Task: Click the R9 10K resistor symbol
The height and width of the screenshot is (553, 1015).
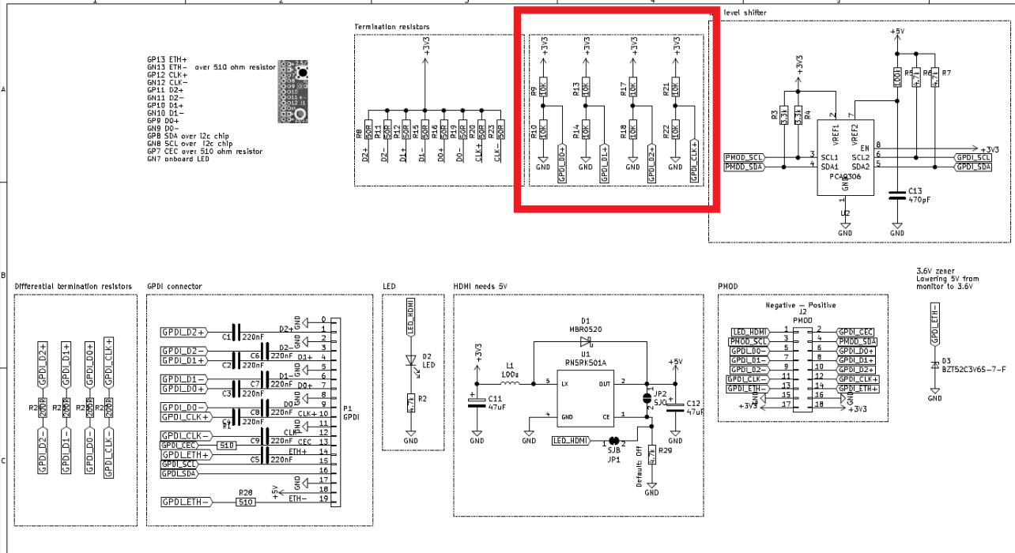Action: (543, 85)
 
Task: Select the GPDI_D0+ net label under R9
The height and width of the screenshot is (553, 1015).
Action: (562, 164)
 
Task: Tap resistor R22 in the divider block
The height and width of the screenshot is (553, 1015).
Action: (676, 131)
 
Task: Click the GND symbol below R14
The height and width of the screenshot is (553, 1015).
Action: (586, 166)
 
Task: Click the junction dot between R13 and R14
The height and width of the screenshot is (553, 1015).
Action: (586, 108)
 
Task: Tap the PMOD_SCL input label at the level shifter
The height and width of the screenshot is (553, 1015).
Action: (744, 157)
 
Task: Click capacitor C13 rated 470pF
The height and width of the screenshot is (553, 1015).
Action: (896, 195)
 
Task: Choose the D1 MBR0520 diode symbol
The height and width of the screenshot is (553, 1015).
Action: (586, 341)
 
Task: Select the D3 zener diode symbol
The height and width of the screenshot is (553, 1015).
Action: (934, 365)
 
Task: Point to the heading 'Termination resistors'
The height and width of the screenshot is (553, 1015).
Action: (392, 27)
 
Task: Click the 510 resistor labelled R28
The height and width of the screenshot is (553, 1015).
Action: (245, 502)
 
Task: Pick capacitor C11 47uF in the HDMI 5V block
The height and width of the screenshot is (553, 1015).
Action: (477, 404)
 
